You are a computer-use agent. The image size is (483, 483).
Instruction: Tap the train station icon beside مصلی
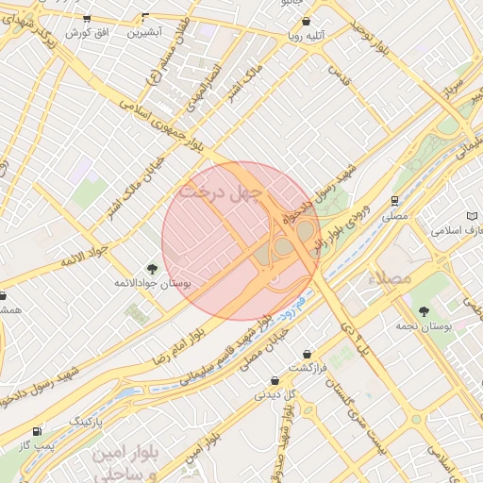394,200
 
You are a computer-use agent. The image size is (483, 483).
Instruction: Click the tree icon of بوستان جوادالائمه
152,269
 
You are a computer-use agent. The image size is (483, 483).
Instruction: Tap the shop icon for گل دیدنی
275,381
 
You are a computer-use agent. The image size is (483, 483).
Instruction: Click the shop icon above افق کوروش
87,18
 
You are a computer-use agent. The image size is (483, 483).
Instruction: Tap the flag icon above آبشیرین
145,17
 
